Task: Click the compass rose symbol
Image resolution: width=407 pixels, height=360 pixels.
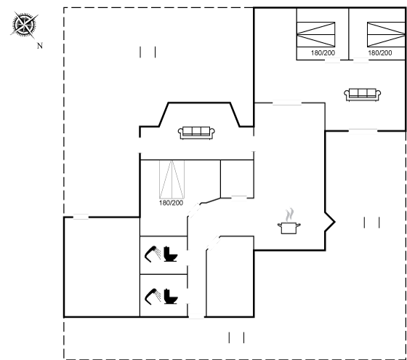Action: [x=24, y=25]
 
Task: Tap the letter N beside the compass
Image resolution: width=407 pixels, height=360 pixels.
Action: [x=40, y=46]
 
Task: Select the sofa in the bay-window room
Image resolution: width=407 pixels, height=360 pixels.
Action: [x=196, y=132]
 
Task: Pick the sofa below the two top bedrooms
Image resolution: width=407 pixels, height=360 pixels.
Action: [x=363, y=95]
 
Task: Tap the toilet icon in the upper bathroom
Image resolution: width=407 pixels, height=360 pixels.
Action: [x=170, y=254]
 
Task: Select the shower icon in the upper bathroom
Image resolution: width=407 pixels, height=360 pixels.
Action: [x=153, y=254]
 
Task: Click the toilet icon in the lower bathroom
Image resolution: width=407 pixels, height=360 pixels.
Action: [x=170, y=297]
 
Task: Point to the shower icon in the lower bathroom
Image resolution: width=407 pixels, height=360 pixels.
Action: [x=153, y=297]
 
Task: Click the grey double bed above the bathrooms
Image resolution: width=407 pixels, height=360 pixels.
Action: [x=172, y=179]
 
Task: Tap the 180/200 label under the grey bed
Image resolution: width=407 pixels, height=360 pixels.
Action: [x=171, y=203]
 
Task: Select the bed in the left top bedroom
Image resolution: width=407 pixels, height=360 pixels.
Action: [x=316, y=34]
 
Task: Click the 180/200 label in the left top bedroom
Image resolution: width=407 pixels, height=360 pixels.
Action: [x=323, y=52]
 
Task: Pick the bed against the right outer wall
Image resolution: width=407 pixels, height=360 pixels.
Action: [x=386, y=34]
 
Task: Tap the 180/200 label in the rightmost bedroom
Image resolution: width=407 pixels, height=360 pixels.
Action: [x=380, y=52]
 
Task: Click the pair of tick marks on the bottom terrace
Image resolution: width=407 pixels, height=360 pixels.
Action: [x=236, y=337]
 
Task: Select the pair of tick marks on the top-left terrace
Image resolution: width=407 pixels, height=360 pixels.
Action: [x=148, y=52]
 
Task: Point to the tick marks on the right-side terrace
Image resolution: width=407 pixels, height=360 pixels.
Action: [x=371, y=223]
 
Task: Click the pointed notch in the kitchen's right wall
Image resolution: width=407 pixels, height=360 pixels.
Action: [x=334, y=222]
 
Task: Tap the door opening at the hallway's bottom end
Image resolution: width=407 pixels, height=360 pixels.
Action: [x=196, y=316]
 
